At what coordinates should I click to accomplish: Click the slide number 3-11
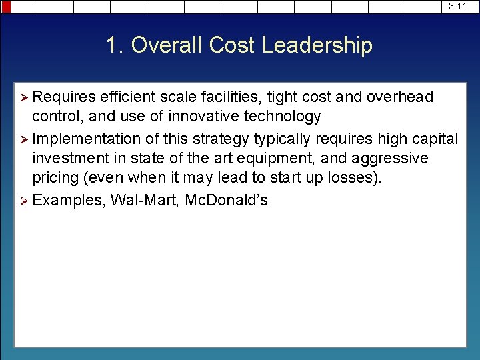point(457,6)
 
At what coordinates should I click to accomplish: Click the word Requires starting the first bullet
point(63,97)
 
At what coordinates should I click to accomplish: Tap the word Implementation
point(86,139)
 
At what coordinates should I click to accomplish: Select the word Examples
point(69,200)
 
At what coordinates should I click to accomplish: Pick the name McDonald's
point(226,200)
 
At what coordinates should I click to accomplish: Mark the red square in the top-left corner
point(6,7)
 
